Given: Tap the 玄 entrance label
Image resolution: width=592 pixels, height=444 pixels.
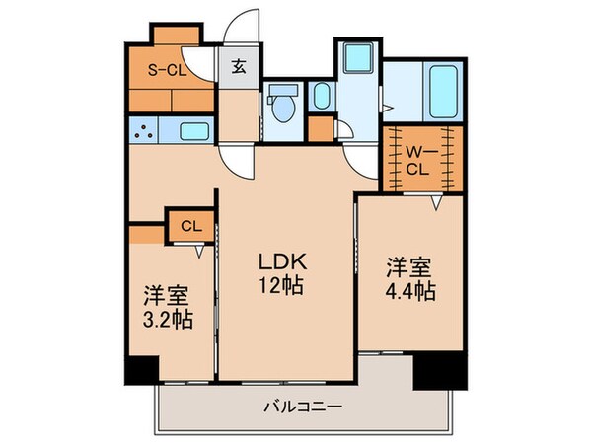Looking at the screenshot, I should click(239, 68).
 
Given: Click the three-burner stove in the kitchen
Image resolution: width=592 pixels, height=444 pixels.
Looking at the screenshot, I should click(146, 129).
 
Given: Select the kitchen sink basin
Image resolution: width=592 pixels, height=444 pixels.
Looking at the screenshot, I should click(193, 129).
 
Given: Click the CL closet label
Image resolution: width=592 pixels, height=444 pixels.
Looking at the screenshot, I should click(190, 226).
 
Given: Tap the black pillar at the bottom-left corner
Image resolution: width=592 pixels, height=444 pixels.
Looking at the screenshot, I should click(140, 370).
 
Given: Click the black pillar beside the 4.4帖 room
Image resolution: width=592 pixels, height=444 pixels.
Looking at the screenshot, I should click(437, 370).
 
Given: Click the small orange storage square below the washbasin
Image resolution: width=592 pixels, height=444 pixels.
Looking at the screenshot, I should click(320, 129).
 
